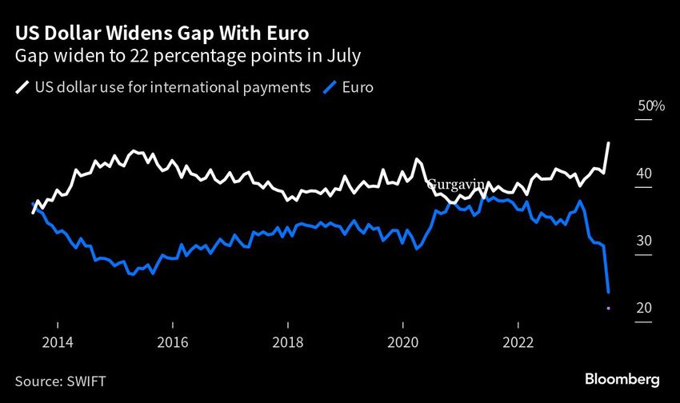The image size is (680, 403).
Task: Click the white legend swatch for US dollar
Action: coord(22,88)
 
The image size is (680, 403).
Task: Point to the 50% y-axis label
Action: coord(646,106)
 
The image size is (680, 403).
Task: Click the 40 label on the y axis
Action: coord(645,174)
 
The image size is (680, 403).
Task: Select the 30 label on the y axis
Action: coord(645,241)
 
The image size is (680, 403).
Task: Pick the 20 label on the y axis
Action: coord(645,309)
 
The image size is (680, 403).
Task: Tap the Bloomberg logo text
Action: coord(622,378)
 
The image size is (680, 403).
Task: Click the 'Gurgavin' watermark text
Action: coord(456,185)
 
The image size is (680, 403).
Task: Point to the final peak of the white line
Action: coord(609,143)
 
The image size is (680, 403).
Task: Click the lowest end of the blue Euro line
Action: coord(609,292)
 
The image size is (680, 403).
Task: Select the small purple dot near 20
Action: coord(609,308)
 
